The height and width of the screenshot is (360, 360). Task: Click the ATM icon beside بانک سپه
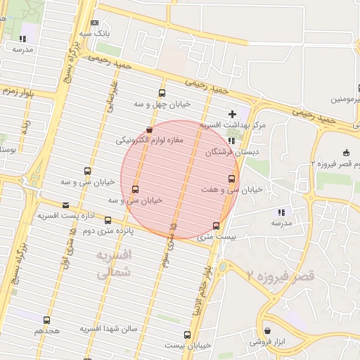(95, 22)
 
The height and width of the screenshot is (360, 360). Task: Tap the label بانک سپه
(95, 33)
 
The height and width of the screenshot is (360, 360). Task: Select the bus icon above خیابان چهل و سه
(162, 93)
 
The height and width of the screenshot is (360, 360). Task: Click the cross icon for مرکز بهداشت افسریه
(233, 114)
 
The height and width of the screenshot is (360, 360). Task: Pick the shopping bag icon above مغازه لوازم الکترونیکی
(149, 129)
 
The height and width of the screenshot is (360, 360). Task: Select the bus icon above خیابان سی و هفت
(232, 179)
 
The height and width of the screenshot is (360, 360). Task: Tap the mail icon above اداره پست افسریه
(66, 205)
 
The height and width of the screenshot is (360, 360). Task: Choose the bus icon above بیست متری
(216, 226)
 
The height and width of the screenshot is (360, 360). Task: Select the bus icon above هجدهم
(47, 320)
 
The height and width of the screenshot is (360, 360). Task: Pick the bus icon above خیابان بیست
(187, 335)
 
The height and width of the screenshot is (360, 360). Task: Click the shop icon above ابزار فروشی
(267, 331)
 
